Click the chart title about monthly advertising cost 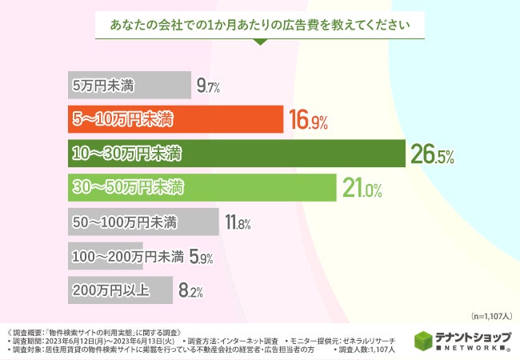click(260, 24)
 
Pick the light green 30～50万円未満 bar click(200, 188)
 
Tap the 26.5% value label click(432, 155)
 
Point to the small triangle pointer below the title click(260, 43)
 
